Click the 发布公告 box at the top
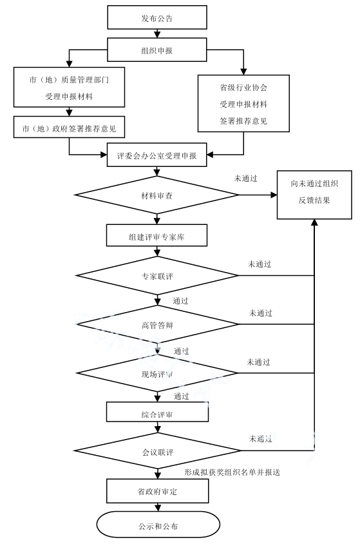(x=157, y=19)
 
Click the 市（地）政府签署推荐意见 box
(x=69, y=128)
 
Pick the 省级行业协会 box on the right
(x=243, y=102)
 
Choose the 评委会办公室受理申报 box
(x=157, y=156)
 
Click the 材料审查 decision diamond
(x=157, y=195)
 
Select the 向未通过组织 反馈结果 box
(x=314, y=193)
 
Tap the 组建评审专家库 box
(x=157, y=237)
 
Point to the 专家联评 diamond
(x=157, y=277)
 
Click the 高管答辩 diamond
(x=157, y=324)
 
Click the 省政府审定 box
(x=157, y=492)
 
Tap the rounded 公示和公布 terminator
(x=157, y=526)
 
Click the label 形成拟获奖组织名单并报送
(x=231, y=472)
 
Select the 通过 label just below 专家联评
(x=181, y=301)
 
